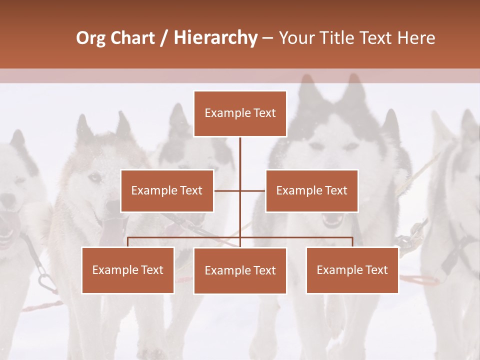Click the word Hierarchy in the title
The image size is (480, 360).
(x=215, y=38)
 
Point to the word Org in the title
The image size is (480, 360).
(x=90, y=38)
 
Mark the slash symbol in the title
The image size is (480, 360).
(x=164, y=38)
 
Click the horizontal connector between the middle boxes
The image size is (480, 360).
(x=240, y=190)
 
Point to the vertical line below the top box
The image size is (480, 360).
(x=240, y=152)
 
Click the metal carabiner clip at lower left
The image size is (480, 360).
(x=47, y=282)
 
